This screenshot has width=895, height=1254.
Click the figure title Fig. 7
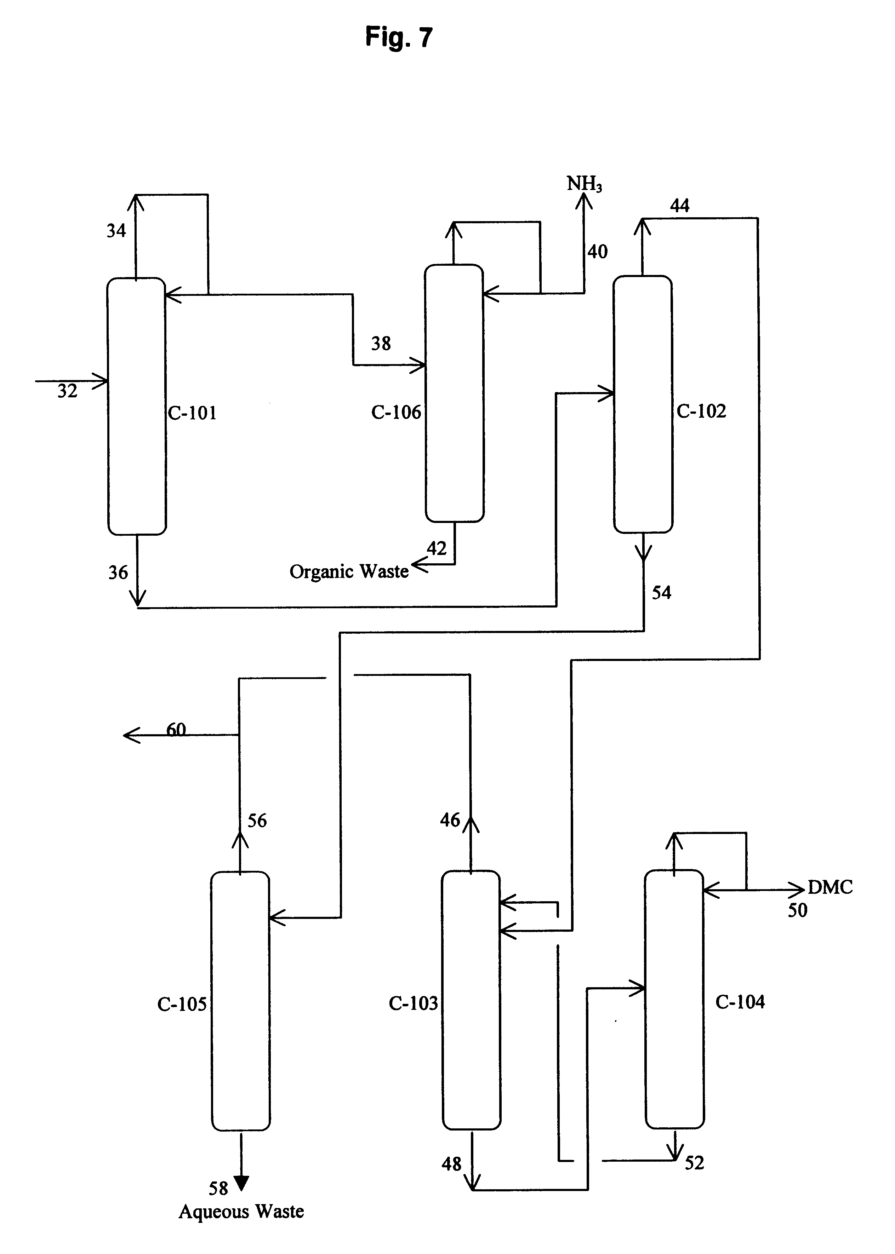click(399, 38)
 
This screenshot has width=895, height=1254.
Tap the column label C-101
click(192, 413)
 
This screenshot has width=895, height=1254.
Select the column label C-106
click(396, 412)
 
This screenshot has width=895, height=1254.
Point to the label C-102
click(701, 411)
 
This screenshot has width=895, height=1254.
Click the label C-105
click(182, 1004)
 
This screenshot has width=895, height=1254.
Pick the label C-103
click(413, 1003)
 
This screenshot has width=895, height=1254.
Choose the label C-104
click(740, 1002)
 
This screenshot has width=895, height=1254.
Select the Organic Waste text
click(349, 572)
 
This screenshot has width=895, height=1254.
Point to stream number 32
click(67, 391)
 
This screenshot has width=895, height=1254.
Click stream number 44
click(679, 206)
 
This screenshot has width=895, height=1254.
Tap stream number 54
click(661, 593)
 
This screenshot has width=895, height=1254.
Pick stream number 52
click(694, 1163)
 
